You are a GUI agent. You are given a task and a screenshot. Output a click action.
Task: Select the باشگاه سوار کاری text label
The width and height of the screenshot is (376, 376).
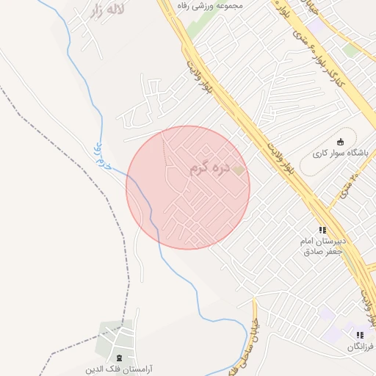pos(340,153)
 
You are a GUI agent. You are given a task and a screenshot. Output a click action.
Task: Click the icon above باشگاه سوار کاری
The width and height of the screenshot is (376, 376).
pos(339,142)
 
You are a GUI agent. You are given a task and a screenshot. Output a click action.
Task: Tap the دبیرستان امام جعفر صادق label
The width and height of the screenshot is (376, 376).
pos(321,246)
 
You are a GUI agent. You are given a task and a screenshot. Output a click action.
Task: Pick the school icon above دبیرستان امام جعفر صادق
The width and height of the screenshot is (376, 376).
pos(321,230)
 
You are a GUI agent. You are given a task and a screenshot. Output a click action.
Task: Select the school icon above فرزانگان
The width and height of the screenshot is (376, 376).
pos(360,335)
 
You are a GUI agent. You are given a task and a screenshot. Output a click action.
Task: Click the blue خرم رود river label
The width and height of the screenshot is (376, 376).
pos(102,156)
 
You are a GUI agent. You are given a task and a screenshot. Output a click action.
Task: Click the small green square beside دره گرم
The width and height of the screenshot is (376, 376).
pos(238,170)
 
